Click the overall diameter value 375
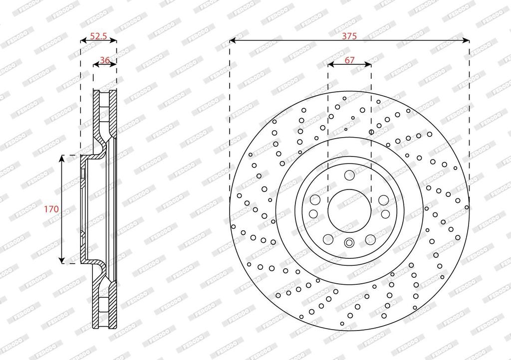point(349,36)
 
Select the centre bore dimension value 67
point(349,60)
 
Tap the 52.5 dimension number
point(98,36)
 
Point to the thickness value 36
point(105,60)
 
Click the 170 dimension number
point(51,209)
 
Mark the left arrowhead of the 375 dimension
point(233,40)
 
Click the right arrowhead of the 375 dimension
point(467,40)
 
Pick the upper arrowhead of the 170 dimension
point(61,159)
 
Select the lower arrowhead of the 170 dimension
point(61,260)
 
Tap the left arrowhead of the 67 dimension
point(331,64)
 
